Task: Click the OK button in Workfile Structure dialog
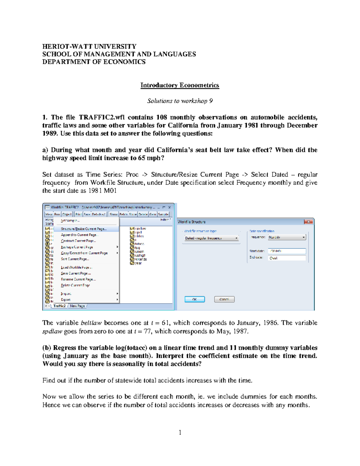point(194,299)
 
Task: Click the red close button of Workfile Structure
point(308,222)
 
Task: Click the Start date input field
point(287,251)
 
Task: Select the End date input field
point(287,258)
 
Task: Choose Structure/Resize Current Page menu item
point(84,229)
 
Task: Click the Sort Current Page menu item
point(75,259)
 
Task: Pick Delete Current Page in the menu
point(75,285)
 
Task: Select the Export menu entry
point(66,299)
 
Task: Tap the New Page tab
point(77,306)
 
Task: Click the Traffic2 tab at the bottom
point(59,306)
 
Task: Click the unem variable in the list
point(139,252)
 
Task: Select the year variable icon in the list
point(132,263)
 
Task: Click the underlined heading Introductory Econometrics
point(180,85)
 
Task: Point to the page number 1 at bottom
point(180,432)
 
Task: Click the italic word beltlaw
point(91,323)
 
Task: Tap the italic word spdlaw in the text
point(52,332)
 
